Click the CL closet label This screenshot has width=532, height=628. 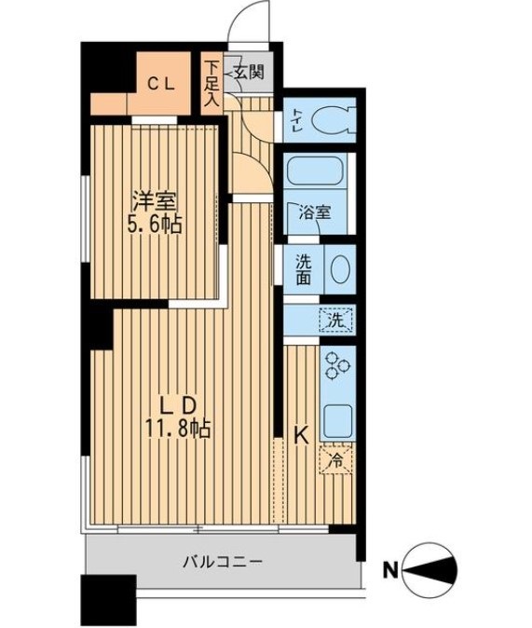(x=163, y=83)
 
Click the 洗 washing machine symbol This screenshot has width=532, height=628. (x=334, y=321)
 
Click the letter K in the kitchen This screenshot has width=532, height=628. (x=300, y=434)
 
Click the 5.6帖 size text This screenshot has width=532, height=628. (x=155, y=224)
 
